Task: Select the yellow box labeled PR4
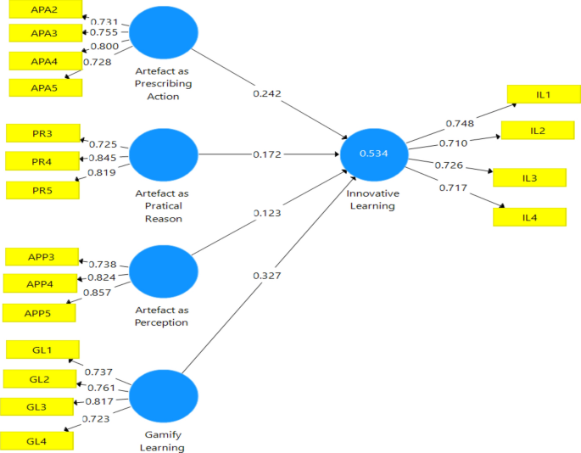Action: point(42,160)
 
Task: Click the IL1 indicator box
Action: point(543,94)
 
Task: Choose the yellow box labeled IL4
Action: point(529,217)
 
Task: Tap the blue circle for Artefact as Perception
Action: point(163,271)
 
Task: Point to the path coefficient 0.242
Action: point(267,92)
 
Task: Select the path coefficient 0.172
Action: point(266,155)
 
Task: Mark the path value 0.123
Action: point(268,212)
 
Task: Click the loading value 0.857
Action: point(99,292)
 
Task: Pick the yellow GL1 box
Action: point(42,350)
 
